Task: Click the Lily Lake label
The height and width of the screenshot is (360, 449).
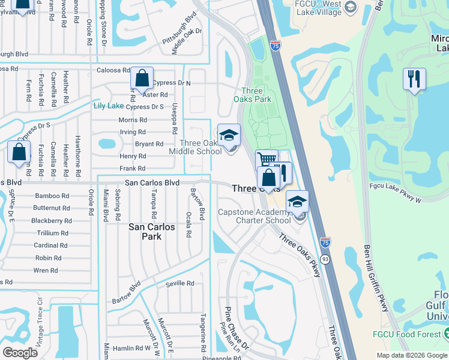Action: pyautogui.click(x=109, y=106)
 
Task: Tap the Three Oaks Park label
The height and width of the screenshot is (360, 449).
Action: pyautogui.click(x=252, y=95)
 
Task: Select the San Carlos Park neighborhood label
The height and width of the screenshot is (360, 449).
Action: pyautogui.click(x=152, y=232)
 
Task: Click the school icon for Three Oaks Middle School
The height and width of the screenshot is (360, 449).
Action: pyautogui.click(x=229, y=136)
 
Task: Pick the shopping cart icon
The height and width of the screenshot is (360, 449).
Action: pyautogui.click(x=266, y=160)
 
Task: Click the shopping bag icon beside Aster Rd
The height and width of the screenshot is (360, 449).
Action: pyautogui.click(x=142, y=79)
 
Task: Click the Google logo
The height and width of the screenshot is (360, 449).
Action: pyautogui.click(x=20, y=352)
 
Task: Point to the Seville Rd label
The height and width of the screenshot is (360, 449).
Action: pyautogui.click(x=180, y=283)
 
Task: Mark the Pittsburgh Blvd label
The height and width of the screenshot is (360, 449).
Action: pyautogui.click(x=179, y=26)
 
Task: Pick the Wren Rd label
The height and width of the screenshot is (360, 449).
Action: pyautogui.click(x=46, y=271)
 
